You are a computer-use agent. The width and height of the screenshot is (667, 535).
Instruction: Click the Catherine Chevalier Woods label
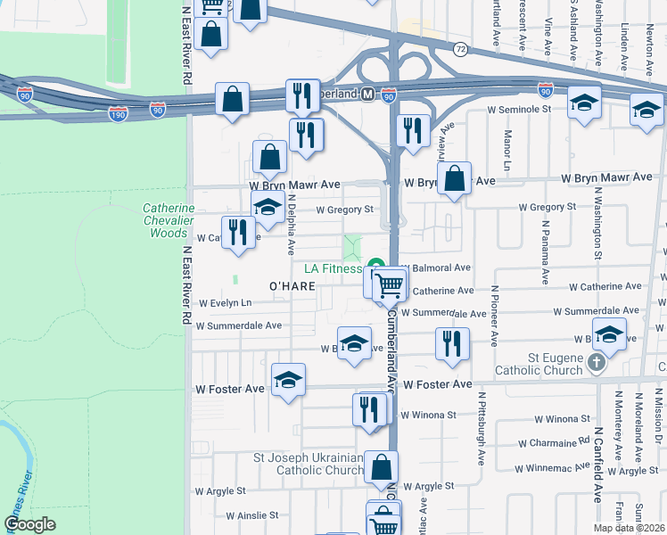(x=169, y=220)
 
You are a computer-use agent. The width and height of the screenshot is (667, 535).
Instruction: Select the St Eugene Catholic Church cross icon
(x=597, y=365)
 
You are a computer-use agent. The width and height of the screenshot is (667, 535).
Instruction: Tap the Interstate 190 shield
(x=118, y=114)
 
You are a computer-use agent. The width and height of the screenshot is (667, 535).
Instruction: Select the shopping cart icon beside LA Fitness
(x=389, y=286)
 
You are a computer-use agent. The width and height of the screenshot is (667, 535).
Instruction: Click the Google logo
(x=29, y=524)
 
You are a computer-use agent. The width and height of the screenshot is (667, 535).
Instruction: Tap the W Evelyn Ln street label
(x=225, y=303)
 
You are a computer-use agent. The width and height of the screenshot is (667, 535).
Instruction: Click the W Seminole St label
(x=518, y=110)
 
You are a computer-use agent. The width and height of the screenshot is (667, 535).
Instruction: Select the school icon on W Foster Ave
(x=288, y=381)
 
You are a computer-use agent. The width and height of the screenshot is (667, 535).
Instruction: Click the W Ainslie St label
(x=252, y=515)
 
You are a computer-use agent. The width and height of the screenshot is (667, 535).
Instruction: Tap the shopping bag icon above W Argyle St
(x=381, y=467)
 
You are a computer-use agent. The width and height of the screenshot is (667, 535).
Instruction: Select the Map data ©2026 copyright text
(x=630, y=528)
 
